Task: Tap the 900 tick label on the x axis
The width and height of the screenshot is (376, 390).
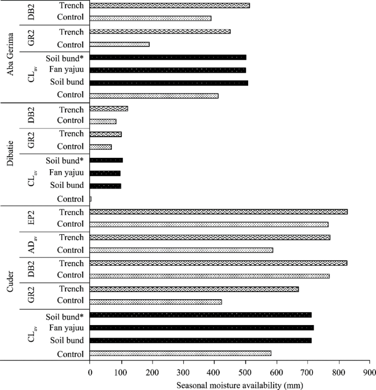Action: pos(369,372)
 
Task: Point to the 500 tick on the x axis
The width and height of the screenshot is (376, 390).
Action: pos(245,372)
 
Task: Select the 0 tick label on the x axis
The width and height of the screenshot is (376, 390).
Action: pos(90,372)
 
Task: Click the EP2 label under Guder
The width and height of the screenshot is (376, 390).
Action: pos(31,218)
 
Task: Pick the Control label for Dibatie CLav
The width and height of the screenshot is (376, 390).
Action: pos(72,199)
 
